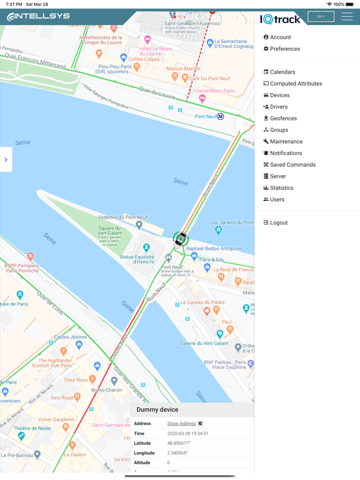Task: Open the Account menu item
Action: [x=280, y=37]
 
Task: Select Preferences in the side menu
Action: [x=285, y=49]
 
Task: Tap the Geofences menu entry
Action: [x=283, y=118]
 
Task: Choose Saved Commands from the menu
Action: [x=293, y=164]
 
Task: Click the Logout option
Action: [x=279, y=223]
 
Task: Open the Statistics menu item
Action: [x=281, y=188]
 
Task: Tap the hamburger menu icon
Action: [x=347, y=16]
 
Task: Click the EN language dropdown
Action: [x=321, y=16]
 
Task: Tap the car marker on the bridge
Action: [x=181, y=239]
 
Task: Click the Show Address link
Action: [x=182, y=423]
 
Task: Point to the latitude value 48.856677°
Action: [x=179, y=443]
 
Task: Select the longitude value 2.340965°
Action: [x=178, y=453]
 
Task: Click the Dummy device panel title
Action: [x=157, y=410]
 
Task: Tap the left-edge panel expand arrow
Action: [x=6, y=160]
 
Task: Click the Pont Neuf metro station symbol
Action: [x=220, y=117]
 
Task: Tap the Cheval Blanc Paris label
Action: [x=214, y=91]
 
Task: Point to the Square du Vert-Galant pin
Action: [x=139, y=225]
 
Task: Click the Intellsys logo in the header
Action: [x=38, y=16]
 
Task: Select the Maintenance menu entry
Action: [x=286, y=141]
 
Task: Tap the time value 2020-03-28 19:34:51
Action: [x=188, y=433]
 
